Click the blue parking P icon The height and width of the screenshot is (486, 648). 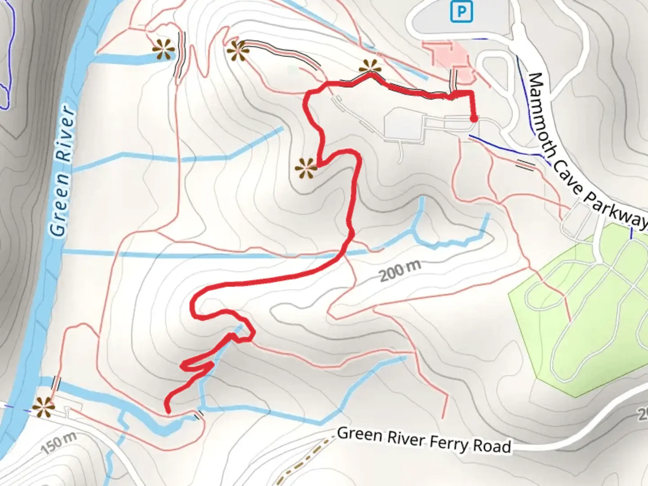pyautogui.click(x=462, y=12)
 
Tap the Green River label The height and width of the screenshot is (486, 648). pyautogui.click(x=63, y=171)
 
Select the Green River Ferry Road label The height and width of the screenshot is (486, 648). pyautogui.click(x=424, y=440)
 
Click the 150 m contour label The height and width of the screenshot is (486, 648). pyautogui.click(x=59, y=443)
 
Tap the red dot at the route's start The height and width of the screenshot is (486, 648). pyautogui.click(x=474, y=119)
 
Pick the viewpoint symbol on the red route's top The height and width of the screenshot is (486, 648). pyautogui.click(x=370, y=68)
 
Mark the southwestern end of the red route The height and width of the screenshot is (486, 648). pyautogui.click(x=168, y=410)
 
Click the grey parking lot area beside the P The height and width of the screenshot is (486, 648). pyautogui.click(x=432, y=20)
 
